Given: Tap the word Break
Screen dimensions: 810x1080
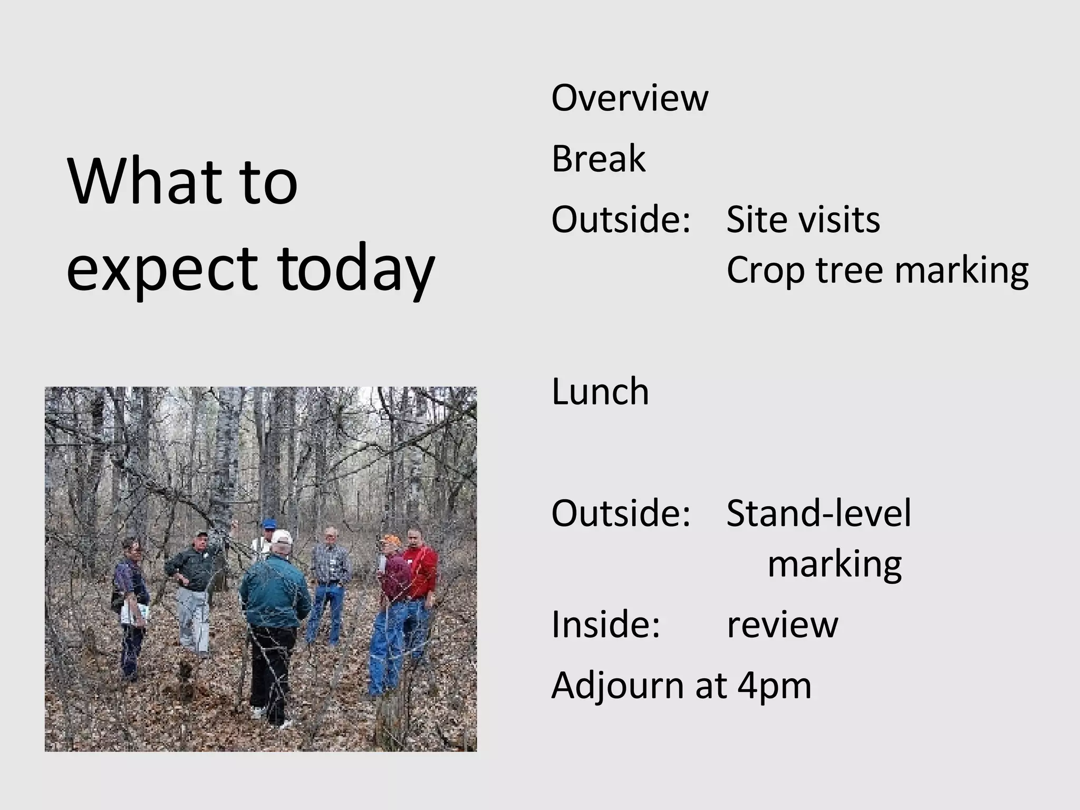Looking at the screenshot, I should [598, 159].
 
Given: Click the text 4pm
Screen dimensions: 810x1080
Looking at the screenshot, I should [774, 686].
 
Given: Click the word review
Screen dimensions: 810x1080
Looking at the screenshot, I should [782, 625].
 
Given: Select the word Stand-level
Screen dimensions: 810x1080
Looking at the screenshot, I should [818, 513].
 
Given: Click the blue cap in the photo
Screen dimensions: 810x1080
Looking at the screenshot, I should [269, 524].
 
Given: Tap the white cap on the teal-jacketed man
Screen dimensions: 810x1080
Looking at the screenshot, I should [282, 537].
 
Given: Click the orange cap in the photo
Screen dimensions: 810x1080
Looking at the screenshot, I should [391, 539].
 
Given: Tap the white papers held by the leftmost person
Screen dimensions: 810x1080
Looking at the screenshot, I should [134, 613].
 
